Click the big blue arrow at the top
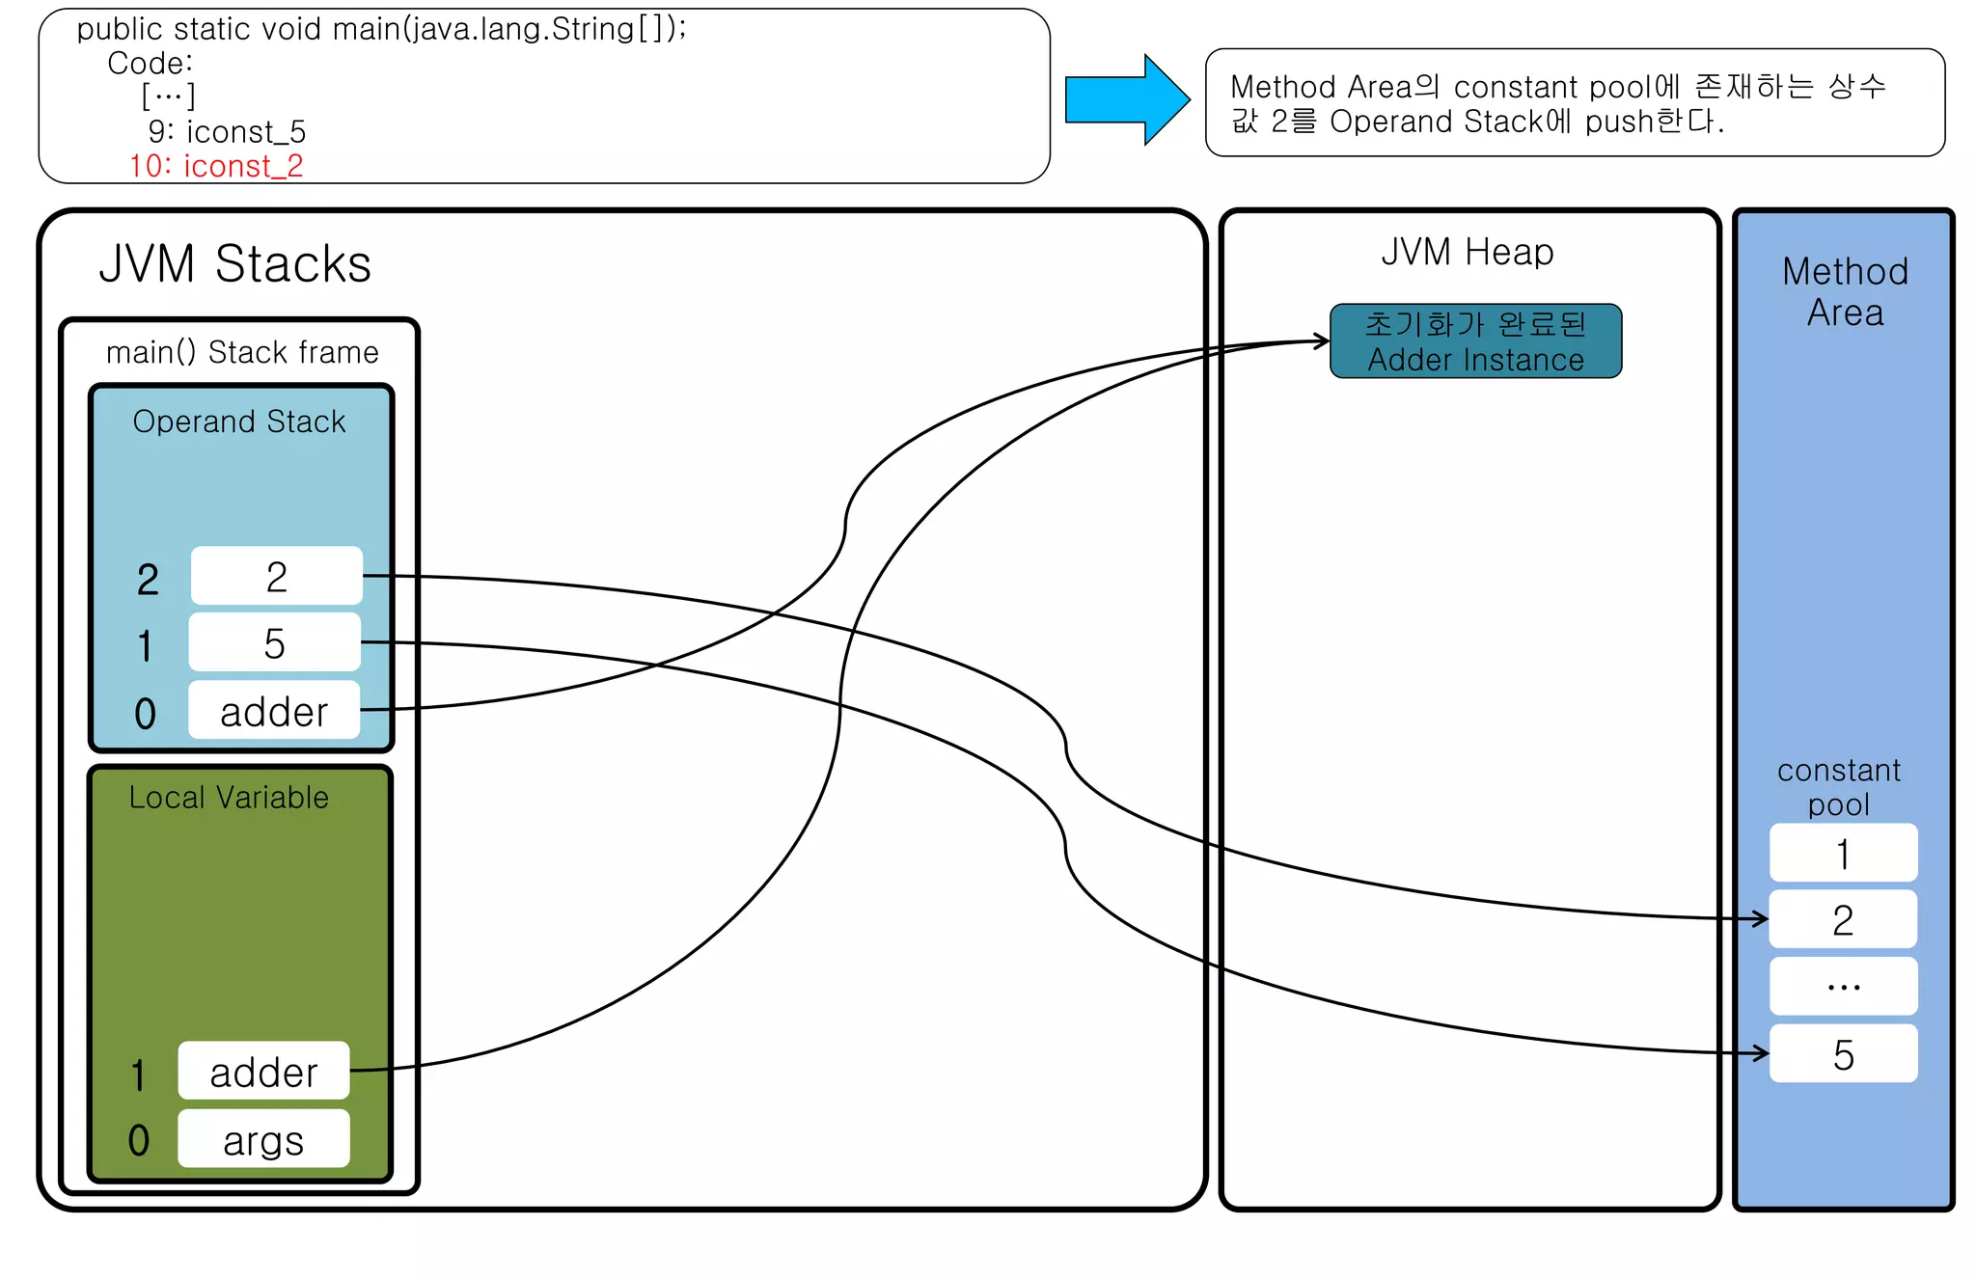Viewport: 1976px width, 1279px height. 1124,99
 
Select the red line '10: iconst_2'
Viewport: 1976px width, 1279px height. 216,166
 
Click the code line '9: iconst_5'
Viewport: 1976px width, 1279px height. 227,131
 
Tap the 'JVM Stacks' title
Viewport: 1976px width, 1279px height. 234,263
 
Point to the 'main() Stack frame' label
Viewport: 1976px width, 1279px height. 242,352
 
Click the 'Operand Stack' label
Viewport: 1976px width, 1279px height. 239,422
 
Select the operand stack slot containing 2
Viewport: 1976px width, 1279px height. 277,577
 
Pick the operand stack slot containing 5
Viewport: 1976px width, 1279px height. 275,642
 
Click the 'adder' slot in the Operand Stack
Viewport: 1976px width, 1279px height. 275,711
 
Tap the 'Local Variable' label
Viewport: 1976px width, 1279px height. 229,797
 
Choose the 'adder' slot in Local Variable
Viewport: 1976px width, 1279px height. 263,1072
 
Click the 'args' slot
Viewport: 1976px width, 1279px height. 263,1140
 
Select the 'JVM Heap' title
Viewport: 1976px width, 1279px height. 1467,252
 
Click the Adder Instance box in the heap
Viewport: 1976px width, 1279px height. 1475,341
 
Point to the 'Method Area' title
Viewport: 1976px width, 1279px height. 1845,291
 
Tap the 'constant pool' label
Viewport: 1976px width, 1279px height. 1839,786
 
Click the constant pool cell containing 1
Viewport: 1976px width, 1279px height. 1843,853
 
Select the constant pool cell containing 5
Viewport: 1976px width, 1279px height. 1843,1054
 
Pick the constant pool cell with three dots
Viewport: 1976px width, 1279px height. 1843,986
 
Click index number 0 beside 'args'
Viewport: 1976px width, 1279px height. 139,1140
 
